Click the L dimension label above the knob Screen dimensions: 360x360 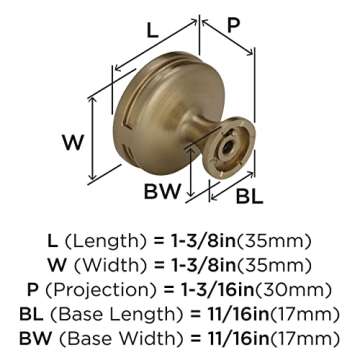click(x=152, y=31)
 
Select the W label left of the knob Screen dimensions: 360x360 click(x=72, y=142)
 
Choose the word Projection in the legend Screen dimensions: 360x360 click(x=116, y=288)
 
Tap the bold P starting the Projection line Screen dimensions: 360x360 click(x=37, y=288)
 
